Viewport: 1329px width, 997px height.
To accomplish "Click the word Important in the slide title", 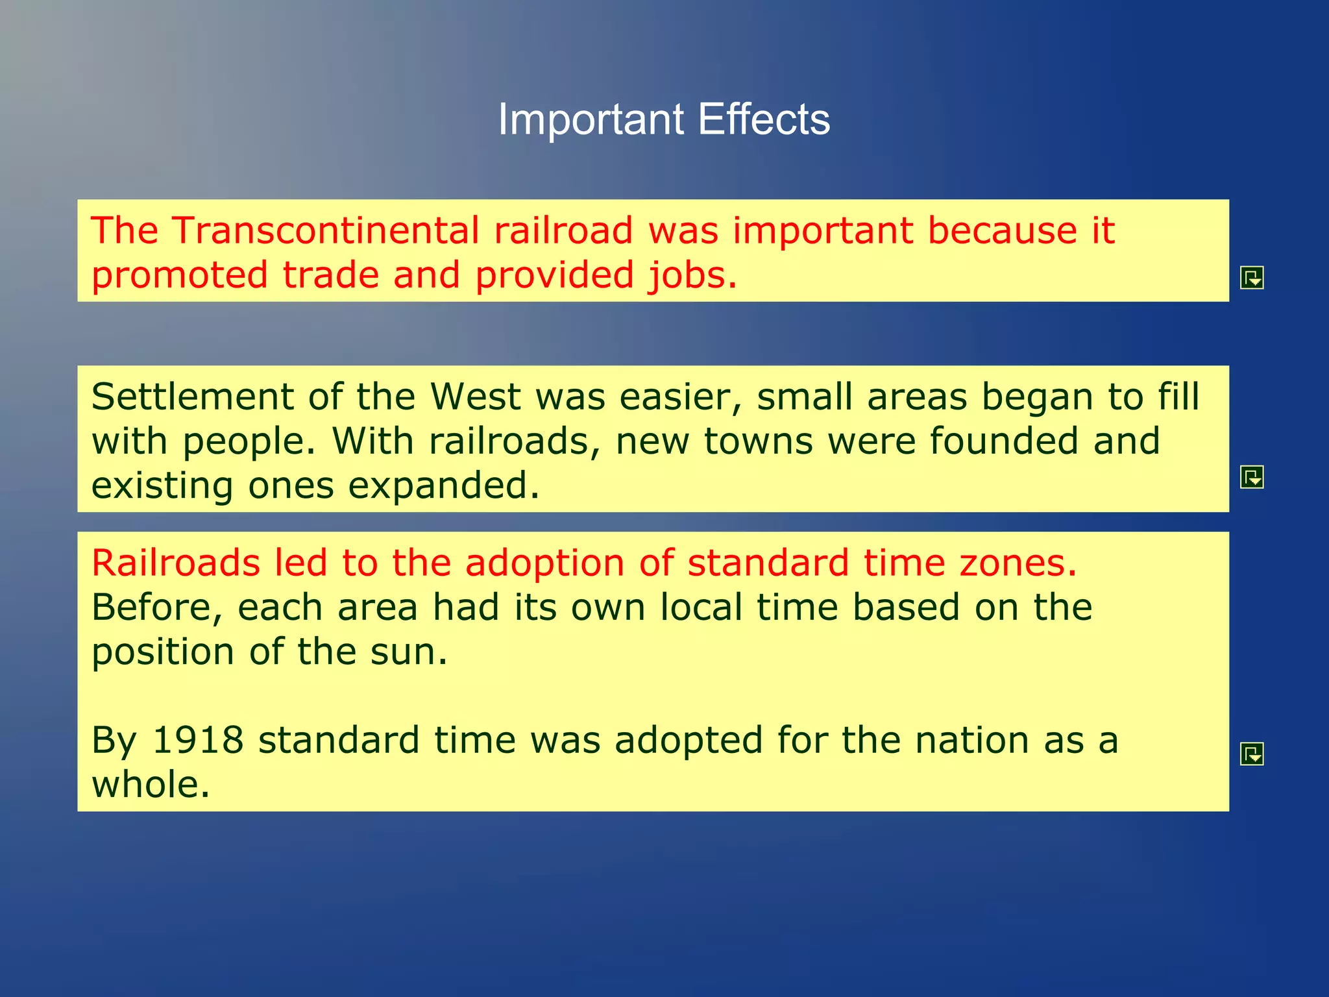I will tap(591, 120).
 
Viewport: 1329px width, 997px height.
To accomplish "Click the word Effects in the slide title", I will tap(764, 120).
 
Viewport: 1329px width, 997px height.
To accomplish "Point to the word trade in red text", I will tap(330, 275).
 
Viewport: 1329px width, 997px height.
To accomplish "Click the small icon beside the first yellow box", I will tap(1251, 278).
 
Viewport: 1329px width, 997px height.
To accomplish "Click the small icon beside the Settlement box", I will tap(1251, 477).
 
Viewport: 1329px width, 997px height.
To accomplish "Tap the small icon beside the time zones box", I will tap(1251, 754).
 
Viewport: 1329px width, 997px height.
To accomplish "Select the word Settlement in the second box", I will tap(192, 397).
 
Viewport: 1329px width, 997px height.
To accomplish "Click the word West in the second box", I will tap(475, 397).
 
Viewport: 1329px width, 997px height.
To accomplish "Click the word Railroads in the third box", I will tap(175, 563).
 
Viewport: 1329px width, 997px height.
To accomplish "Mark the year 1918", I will tap(198, 741).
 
